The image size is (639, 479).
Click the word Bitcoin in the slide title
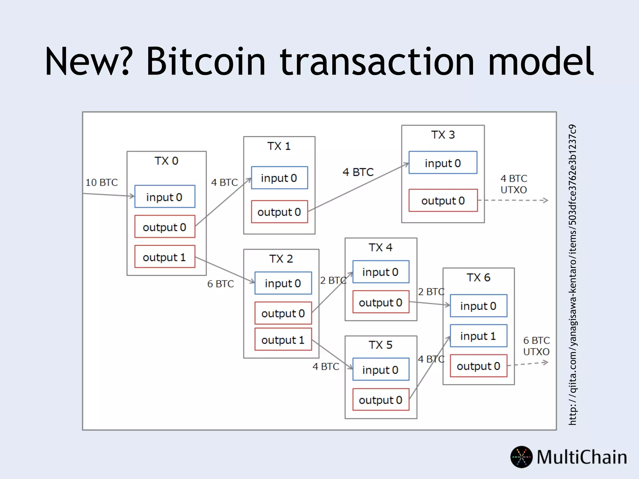pyautogui.click(x=206, y=61)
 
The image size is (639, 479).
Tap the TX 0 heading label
pyautogui.click(x=166, y=161)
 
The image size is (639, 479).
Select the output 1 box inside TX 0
pyautogui.click(x=165, y=257)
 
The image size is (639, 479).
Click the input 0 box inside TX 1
pyautogui.click(x=279, y=178)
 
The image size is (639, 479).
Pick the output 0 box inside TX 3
pyautogui.click(x=443, y=201)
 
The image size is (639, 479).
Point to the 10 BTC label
pyautogui.click(x=102, y=182)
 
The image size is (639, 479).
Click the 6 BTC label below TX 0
pyautogui.click(x=221, y=284)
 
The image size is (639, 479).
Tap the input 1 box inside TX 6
pyautogui.click(x=478, y=336)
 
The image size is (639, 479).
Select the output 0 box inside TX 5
pyautogui.click(x=381, y=399)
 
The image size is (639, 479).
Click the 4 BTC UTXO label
pyautogui.click(x=514, y=184)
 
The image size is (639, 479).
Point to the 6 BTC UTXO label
pyautogui.click(x=536, y=346)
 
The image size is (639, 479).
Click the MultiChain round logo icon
pyautogui.click(x=521, y=457)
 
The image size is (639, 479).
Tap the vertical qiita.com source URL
pyautogui.click(x=573, y=274)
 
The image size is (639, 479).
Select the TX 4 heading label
pyautogui.click(x=380, y=248)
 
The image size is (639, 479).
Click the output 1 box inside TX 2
pyautogui.click(x=283, y=339)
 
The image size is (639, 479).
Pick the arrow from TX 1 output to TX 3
pyautogui.click(x=359, y=187)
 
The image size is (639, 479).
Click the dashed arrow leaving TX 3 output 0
pyautogui.click(x=515, y=200)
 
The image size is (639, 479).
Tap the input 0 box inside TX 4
pyautogui.click(x=381, y=272)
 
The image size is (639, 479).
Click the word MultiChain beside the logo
pyautogui.click(x=582, y=457)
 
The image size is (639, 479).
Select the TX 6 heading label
pyautogui.click(x=478, y=278)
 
